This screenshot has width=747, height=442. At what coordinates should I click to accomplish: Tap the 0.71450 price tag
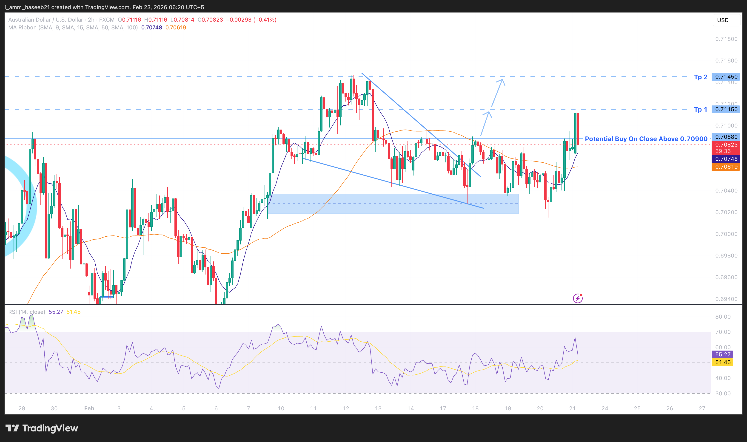[x=726, y=77]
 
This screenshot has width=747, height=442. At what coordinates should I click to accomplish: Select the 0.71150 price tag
[x=726, y=109]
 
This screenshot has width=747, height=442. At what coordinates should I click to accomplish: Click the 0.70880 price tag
[x=726, y=137]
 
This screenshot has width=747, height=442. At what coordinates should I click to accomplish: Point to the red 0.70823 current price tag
[x=726, y=145]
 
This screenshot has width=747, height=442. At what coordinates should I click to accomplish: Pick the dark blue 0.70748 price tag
[x=726, y=159]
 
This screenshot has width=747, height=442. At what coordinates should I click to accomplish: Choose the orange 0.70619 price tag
[x=726, y=167]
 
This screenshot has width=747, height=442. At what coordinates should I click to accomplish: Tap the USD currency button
[x=723, y=20]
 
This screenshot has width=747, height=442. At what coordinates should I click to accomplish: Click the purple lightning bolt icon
[x=577, y=298]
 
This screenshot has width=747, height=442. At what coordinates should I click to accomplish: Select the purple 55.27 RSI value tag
[x=723, y=354]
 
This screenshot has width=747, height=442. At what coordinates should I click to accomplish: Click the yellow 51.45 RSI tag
[x=723, y=362]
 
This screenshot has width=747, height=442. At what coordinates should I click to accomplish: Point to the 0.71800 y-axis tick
[x=726, y=39]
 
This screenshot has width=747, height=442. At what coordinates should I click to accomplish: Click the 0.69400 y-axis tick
[x=726, y=299]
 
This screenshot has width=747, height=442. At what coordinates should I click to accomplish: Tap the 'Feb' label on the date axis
[x=89, y=408]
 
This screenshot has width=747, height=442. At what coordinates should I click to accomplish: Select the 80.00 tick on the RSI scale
[x=723, y=317]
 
